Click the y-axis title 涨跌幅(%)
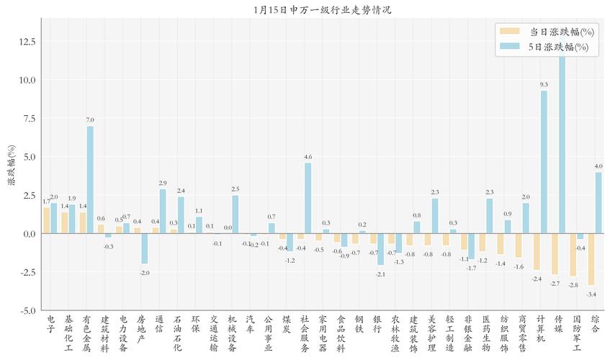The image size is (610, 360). (x=12, y=165)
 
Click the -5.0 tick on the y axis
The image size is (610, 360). (x=27, y=310)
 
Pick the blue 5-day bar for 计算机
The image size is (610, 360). (x=544, y=162)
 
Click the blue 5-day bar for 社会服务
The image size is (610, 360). (x=308, y=198)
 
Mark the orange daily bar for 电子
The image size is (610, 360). (x=47, y=220)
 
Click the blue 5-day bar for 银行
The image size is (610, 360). (x=380, y=249)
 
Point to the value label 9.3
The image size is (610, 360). (x=544, y=85)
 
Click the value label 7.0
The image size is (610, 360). (x=90, y=120)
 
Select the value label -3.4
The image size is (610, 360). (x=591, y=294)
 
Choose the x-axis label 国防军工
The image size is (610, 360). (x=576, y=332)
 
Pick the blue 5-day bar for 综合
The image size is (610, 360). (x=598, y=202)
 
